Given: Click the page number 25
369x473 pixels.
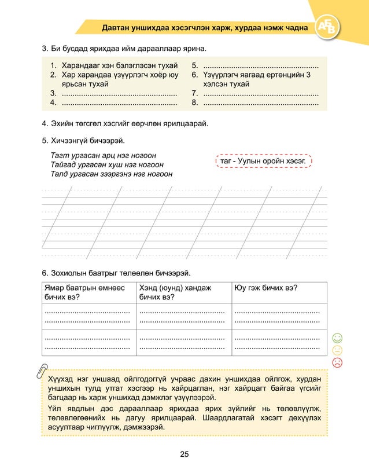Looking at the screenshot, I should tap(184, 454).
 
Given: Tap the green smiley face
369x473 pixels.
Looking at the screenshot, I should tap(338, 338).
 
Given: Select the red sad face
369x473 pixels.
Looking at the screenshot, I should tap(338, 362).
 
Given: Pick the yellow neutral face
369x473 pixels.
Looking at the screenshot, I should tap(338, 350).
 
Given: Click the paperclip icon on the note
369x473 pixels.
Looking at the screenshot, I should tap(42, 371).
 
